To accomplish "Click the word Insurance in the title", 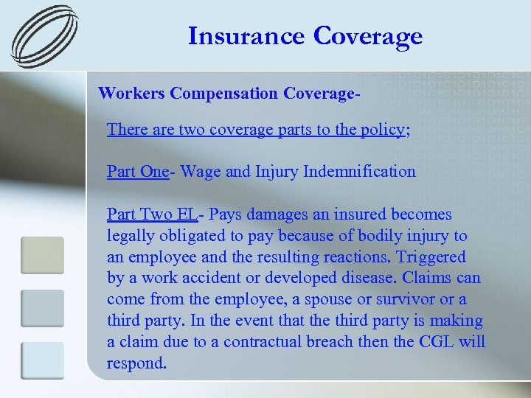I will pos(246,35).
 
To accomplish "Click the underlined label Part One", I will pos(137,172).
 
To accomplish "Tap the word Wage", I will pos(200,172).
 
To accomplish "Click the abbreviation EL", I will pos(187,214).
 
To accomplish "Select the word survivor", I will pos(400,300).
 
